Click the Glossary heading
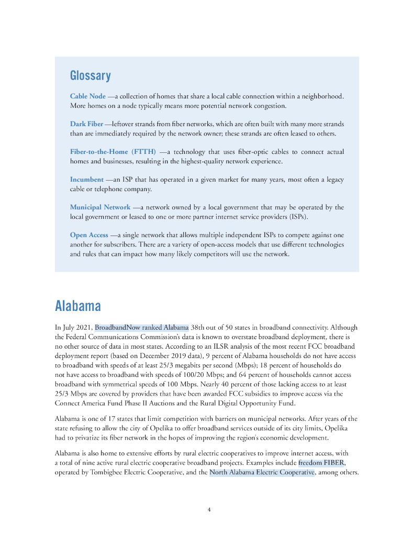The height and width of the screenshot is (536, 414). [x=91, y=76]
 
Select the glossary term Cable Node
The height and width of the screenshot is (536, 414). [x=88, y=96]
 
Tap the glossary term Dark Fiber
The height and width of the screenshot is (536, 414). [x=86, y=124]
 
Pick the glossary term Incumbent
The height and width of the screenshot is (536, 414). [x=87, y=180]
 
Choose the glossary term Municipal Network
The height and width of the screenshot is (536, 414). [x=100, y=207]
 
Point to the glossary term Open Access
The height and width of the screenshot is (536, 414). [x=89, y=235]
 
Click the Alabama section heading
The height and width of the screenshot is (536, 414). [x=78, y=306]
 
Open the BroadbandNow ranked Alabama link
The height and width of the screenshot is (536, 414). [x=142, y=328]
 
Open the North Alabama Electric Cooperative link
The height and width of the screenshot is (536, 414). [x=262, y=473]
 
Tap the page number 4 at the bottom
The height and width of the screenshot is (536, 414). [x=209, y=509]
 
